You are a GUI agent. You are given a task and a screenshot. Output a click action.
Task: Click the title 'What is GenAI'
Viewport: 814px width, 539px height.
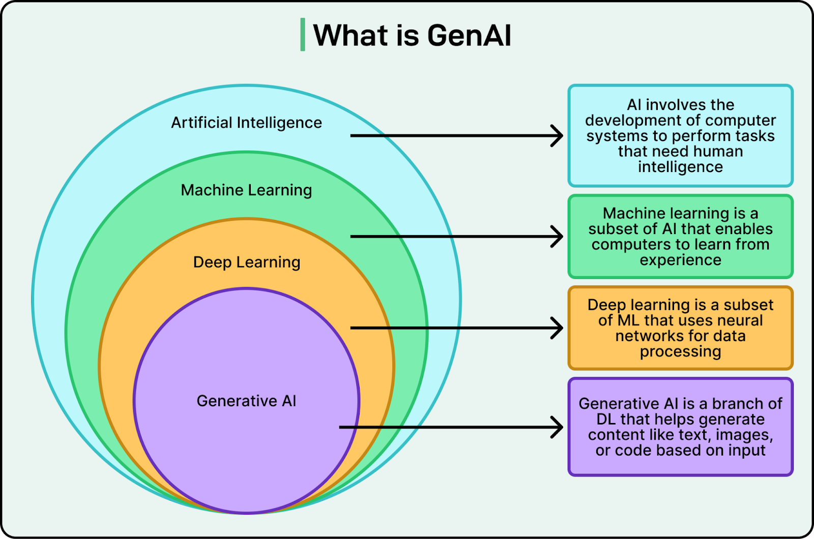[x=412, y=35]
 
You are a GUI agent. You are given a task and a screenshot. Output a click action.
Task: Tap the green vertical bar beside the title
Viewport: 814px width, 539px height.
[x=303, y=35]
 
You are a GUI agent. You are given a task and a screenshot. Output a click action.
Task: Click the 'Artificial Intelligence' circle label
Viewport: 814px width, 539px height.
[x=246, y=123]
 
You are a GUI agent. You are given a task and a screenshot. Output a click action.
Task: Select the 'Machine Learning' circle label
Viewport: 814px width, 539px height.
[x=246, y=190]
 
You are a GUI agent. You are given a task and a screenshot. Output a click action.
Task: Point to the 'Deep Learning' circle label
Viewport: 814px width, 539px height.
[x=247, y=263]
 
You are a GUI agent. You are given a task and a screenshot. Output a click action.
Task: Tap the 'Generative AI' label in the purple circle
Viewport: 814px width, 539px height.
[x=246, y=401]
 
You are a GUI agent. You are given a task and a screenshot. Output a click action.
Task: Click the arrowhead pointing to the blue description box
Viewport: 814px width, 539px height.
[x=558, y=136]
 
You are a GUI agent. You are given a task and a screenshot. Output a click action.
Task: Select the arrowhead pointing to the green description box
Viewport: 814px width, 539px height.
[x=558, y=237]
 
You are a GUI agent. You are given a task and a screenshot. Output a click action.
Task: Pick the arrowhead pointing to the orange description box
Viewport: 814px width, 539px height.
[x=558, y=328]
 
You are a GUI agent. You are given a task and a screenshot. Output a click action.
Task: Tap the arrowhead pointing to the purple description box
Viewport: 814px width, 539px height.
[x=558, y=427]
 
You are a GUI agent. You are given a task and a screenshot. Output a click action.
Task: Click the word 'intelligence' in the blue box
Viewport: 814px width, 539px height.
[x=680, y=167]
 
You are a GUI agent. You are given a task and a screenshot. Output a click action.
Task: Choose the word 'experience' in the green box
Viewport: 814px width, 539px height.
[x=680, y=260]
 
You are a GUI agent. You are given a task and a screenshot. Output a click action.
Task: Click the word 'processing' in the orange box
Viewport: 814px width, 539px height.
[x=680, y=352]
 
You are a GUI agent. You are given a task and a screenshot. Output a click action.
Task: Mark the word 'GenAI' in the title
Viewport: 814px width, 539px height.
[x=469, y=35]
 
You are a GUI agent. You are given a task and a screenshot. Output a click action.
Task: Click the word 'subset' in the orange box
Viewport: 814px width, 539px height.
[x=748, y=305]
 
